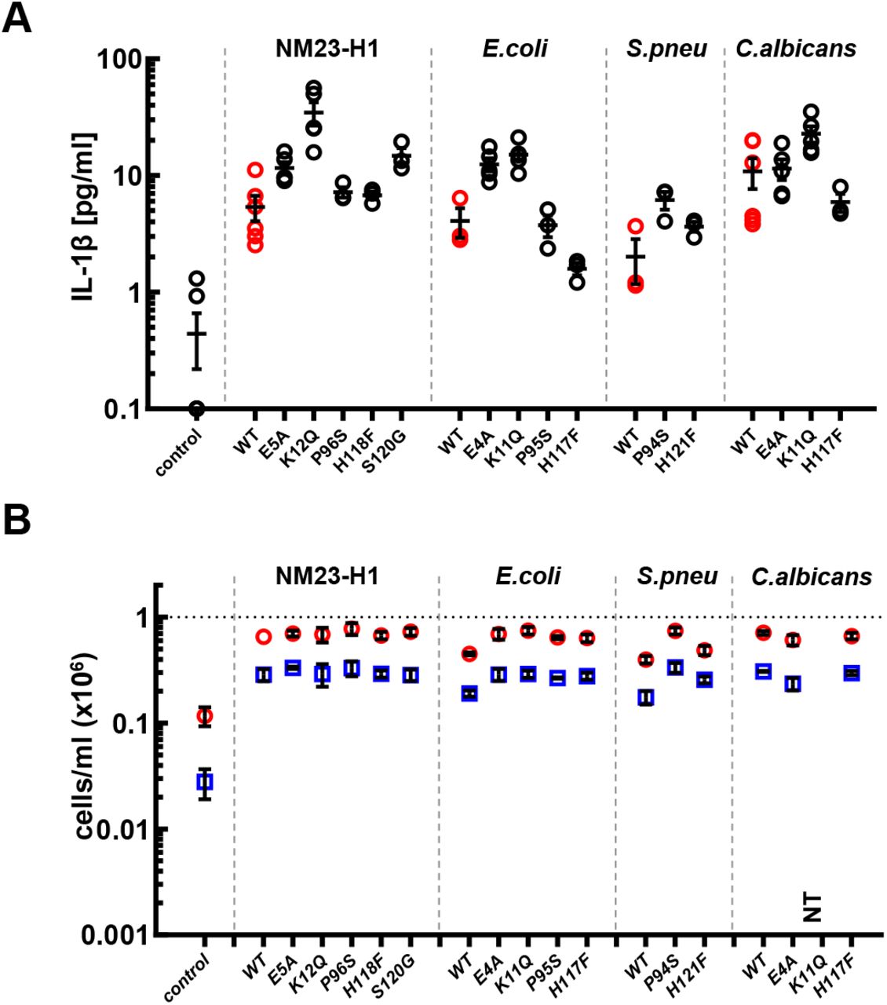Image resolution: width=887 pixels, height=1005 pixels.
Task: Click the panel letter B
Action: tap(16, 520)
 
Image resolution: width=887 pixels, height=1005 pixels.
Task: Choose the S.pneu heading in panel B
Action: tap(677, 577)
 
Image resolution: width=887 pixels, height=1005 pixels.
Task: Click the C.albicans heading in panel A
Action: tap(795, 49)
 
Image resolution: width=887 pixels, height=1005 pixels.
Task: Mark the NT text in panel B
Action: tap(813, 908)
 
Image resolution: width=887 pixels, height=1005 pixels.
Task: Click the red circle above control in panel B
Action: tap(204, 715)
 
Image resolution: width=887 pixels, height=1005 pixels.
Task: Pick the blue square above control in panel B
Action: tap(204, 782)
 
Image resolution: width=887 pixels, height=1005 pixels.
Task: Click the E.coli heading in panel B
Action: tap(527, 577)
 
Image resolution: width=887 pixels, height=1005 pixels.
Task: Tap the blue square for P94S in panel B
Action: tap(674, 667)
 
